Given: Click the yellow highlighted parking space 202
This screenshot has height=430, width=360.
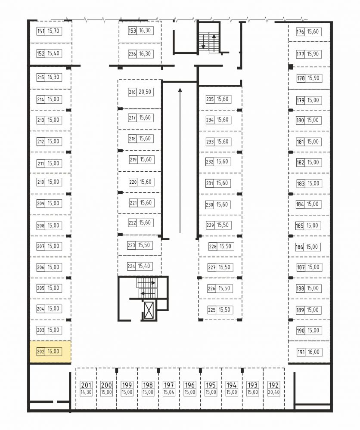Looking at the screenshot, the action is coord(50,352).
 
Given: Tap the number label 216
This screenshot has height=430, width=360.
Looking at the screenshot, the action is coord(132,92).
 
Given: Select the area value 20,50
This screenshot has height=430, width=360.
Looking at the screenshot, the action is coord(145,92).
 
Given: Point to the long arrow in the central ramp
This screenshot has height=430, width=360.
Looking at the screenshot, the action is coord(180,161).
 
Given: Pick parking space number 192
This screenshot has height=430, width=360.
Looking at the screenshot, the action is coord(273,385).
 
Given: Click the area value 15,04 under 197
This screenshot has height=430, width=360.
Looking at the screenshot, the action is coord(169,393).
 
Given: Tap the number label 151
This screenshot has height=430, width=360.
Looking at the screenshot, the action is coord(40,31).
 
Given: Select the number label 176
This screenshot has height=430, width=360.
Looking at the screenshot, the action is coord(300,32).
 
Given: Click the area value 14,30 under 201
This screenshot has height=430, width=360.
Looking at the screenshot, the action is coord(86,393).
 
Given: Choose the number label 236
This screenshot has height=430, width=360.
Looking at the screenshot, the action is coord(132,54).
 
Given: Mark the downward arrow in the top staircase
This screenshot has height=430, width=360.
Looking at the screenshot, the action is coord(203,41).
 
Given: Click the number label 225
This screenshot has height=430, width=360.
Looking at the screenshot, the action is coord(211,310).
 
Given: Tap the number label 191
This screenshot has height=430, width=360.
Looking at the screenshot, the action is coord(301,352).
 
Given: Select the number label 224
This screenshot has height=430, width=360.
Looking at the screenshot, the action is coord(131,266).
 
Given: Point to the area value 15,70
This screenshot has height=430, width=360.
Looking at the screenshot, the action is coord(53,31).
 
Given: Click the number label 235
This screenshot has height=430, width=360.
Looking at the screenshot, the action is coord(210,99).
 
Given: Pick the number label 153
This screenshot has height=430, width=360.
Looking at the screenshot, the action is coord(132,31).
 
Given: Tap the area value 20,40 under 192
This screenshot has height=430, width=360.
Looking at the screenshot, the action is coord(273,393).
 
